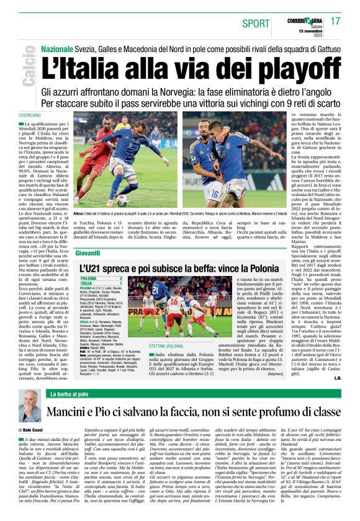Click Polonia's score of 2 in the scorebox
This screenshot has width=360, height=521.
coord(128,278)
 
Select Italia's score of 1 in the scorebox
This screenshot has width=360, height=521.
coord(128,283)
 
